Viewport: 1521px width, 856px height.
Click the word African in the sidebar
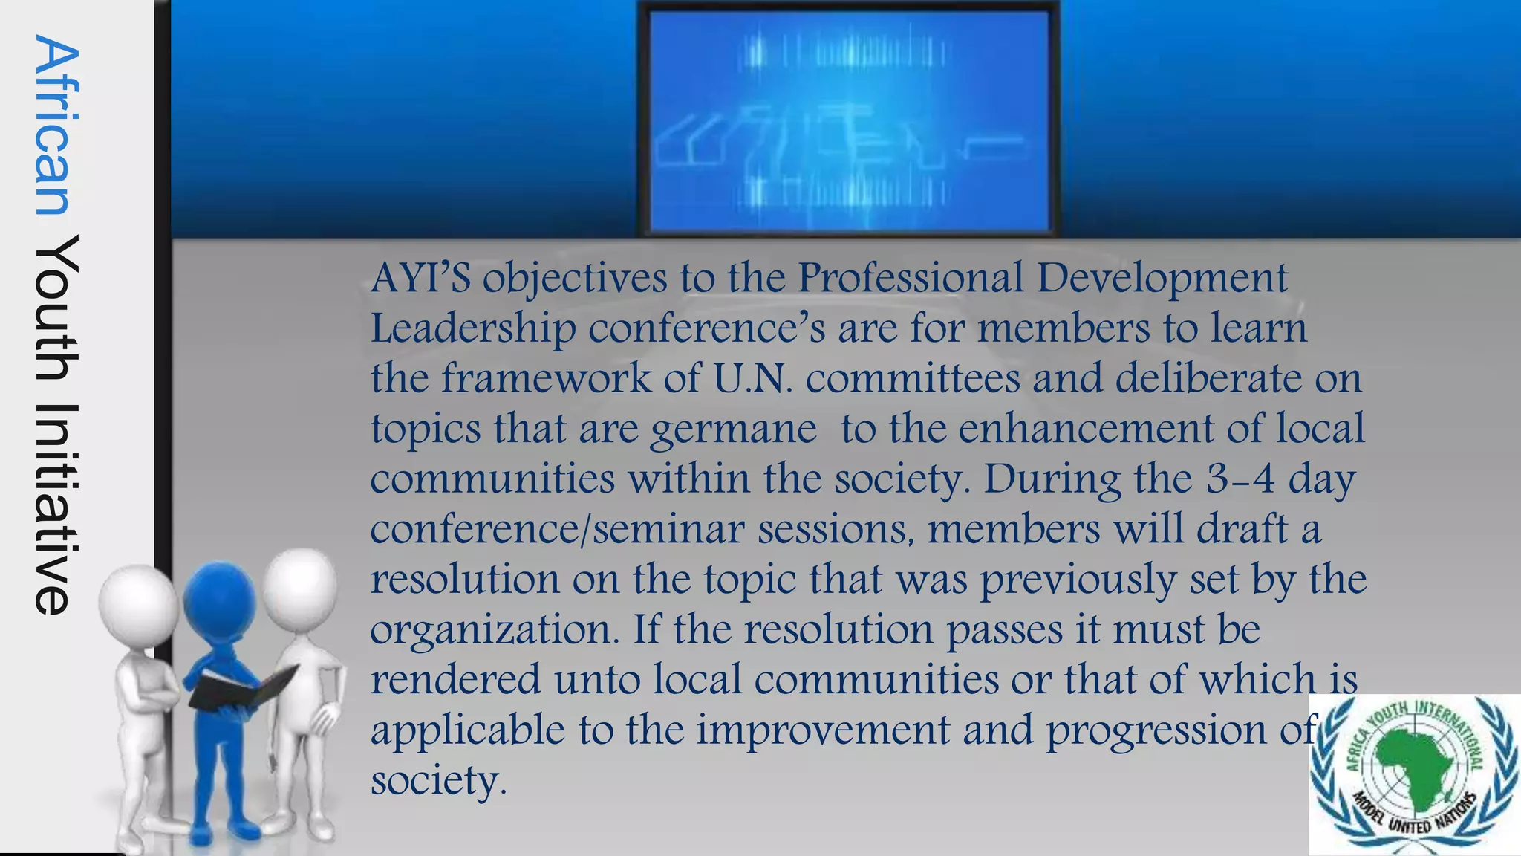(56, 126)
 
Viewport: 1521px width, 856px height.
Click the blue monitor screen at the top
(849, 120)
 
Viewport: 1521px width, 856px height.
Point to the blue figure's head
(219, 599)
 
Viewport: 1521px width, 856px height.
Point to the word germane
(733, 429)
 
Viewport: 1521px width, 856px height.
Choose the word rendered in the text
(455, 680)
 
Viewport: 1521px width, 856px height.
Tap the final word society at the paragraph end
(438, 780)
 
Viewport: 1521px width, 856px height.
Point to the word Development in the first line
(1162, 278)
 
